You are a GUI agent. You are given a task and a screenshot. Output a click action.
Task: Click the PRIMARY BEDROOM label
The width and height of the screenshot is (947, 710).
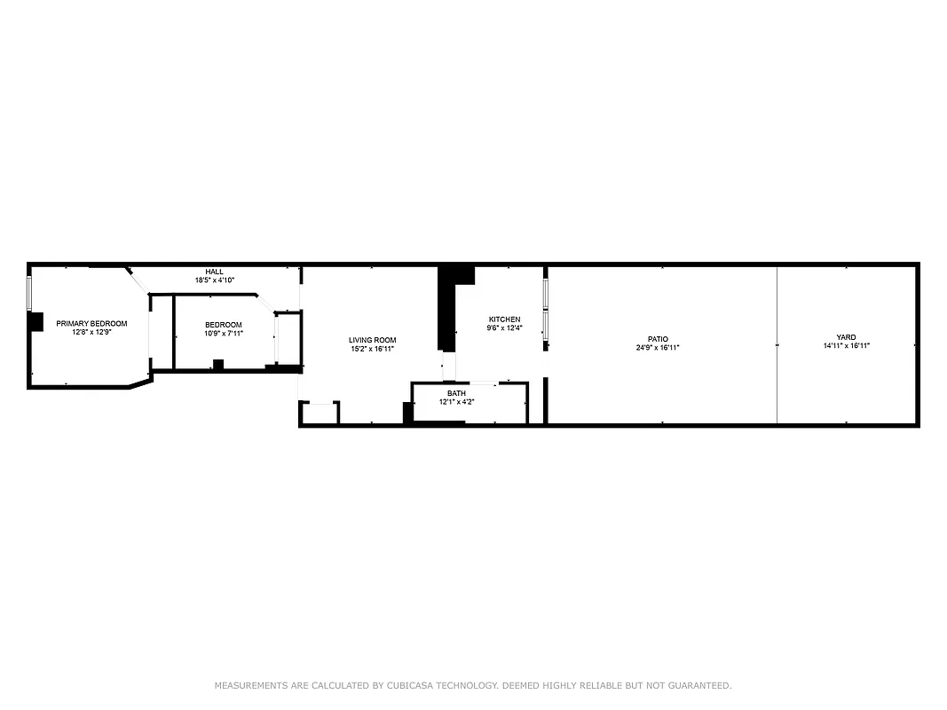[91, 324]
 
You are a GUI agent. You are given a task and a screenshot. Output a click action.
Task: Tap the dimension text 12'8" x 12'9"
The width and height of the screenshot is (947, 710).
[91, 332]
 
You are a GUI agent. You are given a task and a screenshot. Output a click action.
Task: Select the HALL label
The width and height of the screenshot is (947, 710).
[215, 272]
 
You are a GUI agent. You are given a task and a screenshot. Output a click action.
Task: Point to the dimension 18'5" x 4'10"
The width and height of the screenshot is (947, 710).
[215, 280]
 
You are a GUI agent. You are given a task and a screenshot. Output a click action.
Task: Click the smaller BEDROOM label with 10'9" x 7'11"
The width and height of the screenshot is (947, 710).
[223, 325]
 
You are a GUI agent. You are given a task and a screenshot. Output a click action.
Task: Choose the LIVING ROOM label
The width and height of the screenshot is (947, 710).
[372, 340]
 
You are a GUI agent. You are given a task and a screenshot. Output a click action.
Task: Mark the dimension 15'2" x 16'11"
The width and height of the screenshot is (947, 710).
[372, 349]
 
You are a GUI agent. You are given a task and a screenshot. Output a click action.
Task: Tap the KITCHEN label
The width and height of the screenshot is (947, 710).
[504, 319]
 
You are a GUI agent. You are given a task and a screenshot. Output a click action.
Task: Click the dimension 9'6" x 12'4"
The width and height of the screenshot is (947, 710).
[504, 328]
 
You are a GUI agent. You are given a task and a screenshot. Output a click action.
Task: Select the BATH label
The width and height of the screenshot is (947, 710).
[456, 393]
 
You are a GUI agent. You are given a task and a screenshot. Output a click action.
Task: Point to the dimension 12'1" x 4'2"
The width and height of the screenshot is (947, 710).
[456, 402]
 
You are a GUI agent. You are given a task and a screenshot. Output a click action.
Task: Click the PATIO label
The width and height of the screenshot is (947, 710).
[658, 339]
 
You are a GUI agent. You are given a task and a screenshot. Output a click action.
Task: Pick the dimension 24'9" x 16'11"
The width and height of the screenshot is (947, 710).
[658, 348]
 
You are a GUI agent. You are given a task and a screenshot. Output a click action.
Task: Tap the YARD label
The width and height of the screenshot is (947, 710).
[846, 337]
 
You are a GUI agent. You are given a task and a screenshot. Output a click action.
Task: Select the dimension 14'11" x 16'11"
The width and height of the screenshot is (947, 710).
[846, 346]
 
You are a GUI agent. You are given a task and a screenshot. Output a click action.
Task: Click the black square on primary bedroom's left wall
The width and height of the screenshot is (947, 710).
[36, 321]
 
